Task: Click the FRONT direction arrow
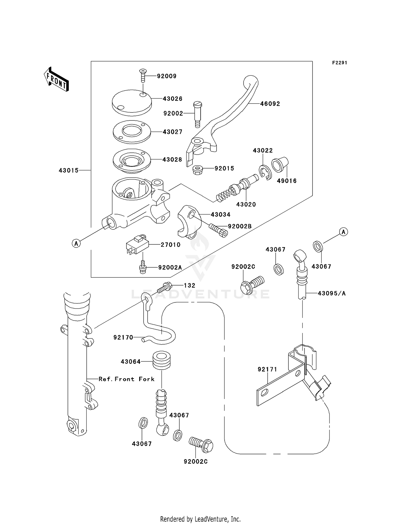56,80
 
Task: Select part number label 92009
167,76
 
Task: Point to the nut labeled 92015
197,170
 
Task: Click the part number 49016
287,181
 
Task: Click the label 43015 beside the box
69,170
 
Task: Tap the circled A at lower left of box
76,243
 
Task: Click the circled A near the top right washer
344,232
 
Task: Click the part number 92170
123,337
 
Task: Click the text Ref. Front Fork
126,379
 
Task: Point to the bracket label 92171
267,369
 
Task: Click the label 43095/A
331,293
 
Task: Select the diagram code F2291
340,63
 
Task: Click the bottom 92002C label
195,462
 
